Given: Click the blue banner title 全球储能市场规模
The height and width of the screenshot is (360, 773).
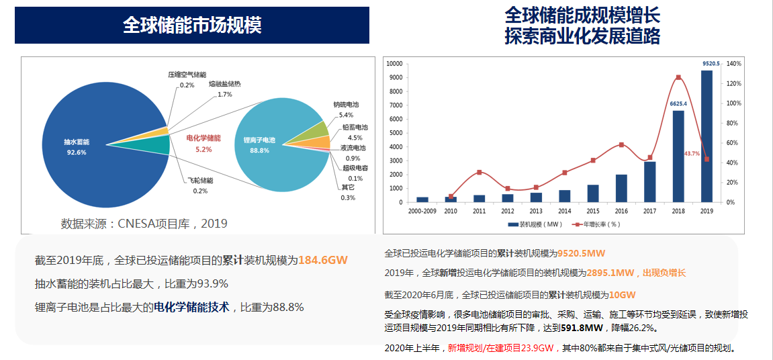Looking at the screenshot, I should [x=192, y=26].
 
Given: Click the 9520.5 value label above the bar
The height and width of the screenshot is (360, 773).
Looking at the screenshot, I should [x=711, y=64].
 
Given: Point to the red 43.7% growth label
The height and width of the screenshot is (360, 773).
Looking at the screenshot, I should [x=692, y=154].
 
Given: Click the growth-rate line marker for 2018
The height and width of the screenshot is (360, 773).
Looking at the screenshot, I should [x=678, y=77].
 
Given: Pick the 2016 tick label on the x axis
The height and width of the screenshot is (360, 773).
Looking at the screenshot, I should [x=621, y=211].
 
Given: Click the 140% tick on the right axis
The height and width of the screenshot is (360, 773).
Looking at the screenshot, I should [x=733, y=64].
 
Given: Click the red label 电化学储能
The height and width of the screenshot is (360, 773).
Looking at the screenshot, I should [x=203, y=138].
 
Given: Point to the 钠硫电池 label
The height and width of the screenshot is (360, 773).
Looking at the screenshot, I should [x=346, y=105].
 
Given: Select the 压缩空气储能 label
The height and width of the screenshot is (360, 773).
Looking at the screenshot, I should [x=187, y=75].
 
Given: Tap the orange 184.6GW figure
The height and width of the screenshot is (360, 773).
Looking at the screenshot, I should [x=323, y=260].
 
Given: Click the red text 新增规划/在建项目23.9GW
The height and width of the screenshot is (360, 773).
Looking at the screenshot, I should [x=500, y=348].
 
